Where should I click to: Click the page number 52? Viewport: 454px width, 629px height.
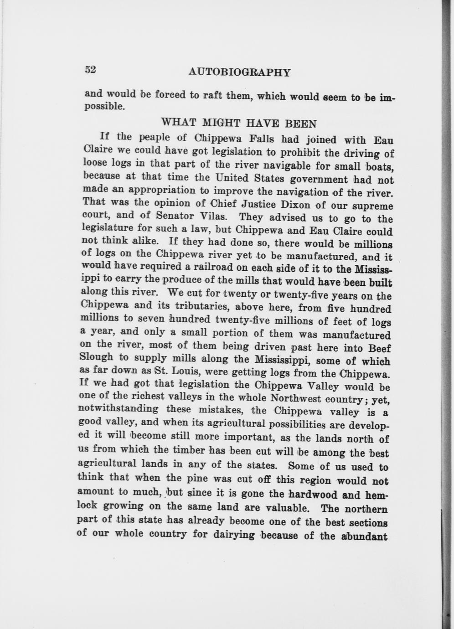point(90,69)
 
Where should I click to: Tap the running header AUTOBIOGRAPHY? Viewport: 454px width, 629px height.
point(239,72)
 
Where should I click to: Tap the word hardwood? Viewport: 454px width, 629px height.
point(313,495)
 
